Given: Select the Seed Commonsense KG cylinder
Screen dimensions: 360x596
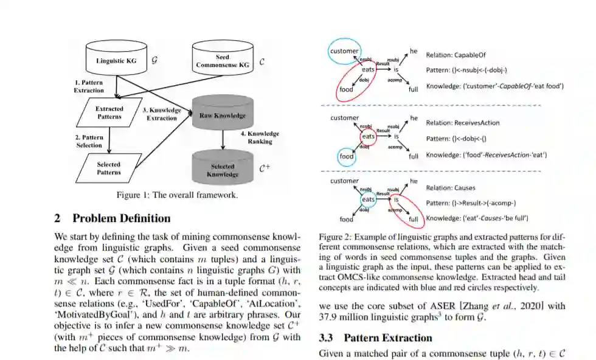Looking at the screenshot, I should [223, 60].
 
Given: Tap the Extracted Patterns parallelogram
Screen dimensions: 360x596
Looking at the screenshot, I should [109, 112].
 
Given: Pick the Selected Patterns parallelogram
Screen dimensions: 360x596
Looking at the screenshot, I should [109, 168].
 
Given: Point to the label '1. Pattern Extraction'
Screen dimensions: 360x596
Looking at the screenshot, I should [89, 86].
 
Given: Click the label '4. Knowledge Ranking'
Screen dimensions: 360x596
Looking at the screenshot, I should [260, 137].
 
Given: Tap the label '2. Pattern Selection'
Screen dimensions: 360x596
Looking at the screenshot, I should [89, 141].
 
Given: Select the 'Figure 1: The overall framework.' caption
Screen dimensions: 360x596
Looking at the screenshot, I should [177, 196].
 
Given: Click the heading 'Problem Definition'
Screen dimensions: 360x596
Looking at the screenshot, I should [121, 218].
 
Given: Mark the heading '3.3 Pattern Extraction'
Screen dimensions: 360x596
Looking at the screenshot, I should [375, 338].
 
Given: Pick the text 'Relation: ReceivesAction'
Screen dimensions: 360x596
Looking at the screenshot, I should [463, 123].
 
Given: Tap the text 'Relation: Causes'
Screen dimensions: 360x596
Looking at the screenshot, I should [451, 188].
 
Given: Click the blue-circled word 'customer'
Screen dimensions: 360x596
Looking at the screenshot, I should [344, 51].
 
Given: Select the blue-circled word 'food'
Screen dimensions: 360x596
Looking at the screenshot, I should [346, 156].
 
